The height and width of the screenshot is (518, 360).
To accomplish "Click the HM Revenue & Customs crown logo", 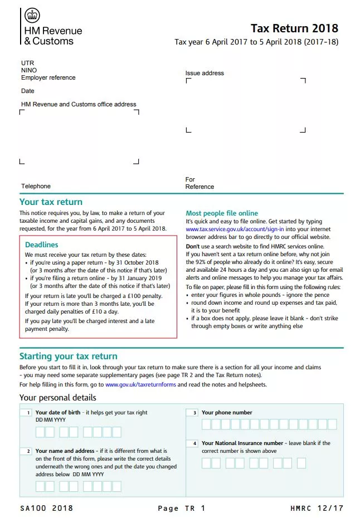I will (x=32, y=16).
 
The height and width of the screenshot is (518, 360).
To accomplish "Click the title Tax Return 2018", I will (x=294, y=28).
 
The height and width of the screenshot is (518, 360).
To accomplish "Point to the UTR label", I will (x=27, y=63).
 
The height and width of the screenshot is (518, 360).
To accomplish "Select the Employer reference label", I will (x=48, y=78).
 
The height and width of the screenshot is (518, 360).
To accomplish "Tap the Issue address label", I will (x=205, y=73).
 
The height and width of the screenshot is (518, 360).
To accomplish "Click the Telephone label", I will (x=36, y=186).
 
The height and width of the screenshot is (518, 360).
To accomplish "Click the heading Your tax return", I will (x=51, y=202).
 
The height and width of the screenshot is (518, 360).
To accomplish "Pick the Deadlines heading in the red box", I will (x=41, y=245).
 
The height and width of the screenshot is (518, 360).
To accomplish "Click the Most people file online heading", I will (x=221, y=213).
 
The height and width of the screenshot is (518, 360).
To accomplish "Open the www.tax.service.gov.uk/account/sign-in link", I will (x=235, y=229).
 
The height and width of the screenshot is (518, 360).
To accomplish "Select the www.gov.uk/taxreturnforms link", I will (x=140, y=384).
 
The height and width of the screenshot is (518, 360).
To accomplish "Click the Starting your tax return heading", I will (x=68, y=356).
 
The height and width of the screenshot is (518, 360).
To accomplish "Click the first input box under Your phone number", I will (x=207, y=424).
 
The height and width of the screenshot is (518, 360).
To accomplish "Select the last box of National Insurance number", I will (x=301, y=463).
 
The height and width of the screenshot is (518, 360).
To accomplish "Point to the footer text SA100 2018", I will (x=46, y=508).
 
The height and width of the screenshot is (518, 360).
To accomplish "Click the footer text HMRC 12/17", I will (x=317, y=508).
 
